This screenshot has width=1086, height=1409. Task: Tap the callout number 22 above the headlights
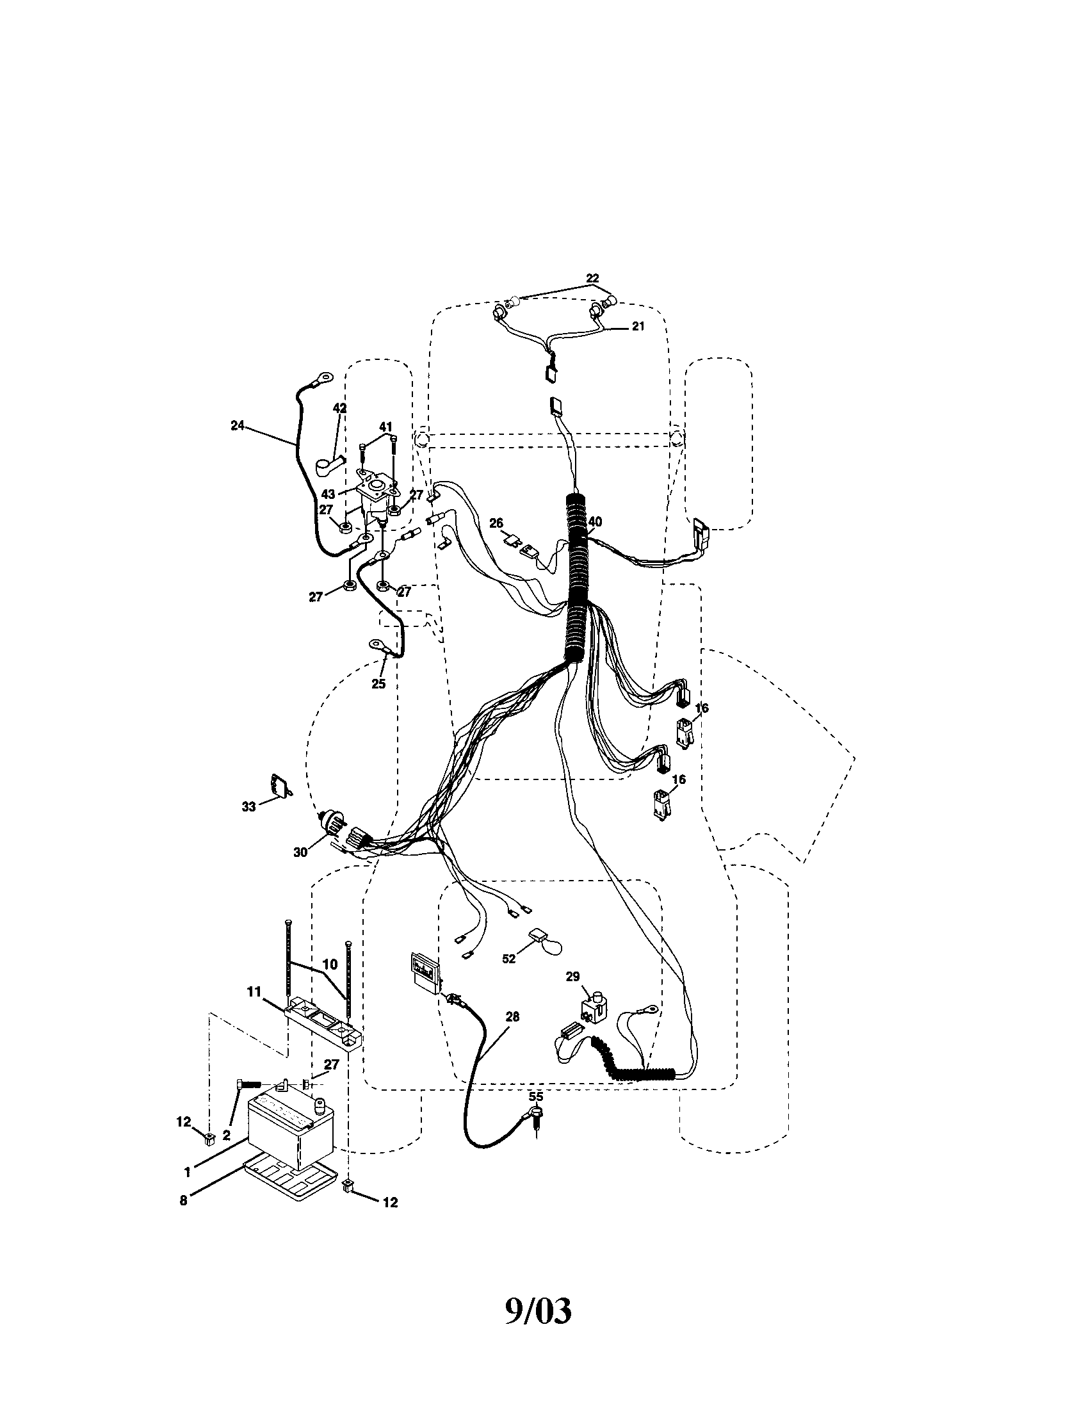tap(592, 278)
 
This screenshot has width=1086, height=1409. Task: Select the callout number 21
tap(638, 327)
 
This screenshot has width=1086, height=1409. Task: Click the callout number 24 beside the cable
tap(238, 425)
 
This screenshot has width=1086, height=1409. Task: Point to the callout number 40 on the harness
tap(595, 521)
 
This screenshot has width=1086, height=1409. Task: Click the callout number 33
tap(249, 806)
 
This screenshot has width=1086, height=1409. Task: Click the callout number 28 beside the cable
tap(512, 1017)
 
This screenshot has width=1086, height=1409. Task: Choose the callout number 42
tap(339, 409)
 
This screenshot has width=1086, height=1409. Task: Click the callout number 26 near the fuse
tap(495, 523)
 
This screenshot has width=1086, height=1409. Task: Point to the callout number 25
tap(378, 684)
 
